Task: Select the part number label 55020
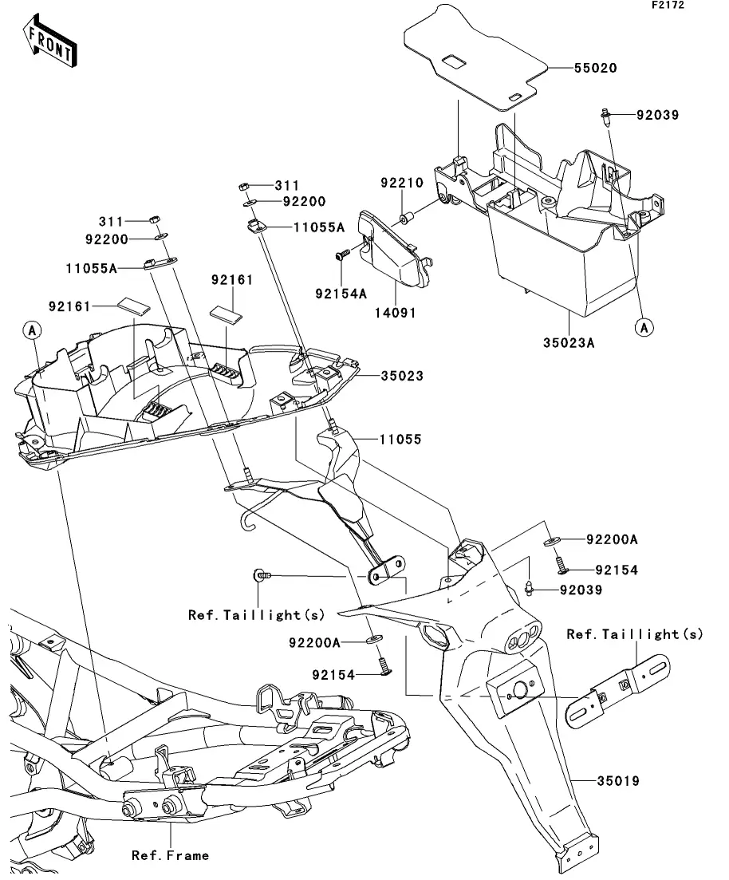[x=595, y=68]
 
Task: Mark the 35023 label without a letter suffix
[x=401, y=376]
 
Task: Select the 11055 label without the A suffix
[x=400, y=440]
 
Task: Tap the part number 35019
[x=617, y=780]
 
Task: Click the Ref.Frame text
[x=170, y=855]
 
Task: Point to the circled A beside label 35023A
[x=644, y=326]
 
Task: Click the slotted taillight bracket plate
[x=618, y=689]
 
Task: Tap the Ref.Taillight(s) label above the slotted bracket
[x=635, y=634]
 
